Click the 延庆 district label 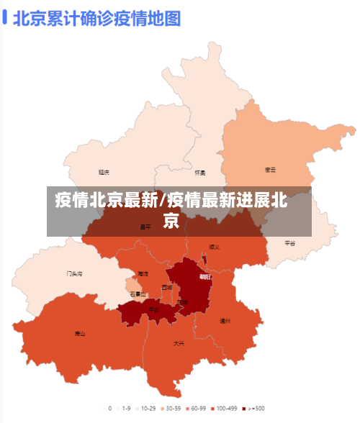click(x=104, y=172)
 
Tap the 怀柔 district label click(x=200, y=173)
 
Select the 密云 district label click(x=271, y=170)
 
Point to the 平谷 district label click(x=289, y=243)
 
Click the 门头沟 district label click(x=75, y=273)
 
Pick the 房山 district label click(x=80, y=333)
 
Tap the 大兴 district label click(x=179, y=343)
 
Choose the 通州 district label click(x=225, y=321)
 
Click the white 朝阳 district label click(x=206, y=277)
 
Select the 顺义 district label click(x=214, y=246)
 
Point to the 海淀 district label click(x=143, y=274)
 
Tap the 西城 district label click(x=167, y=287)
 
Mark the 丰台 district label click(x=154, y=309)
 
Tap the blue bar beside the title click(x=5, y=17)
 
